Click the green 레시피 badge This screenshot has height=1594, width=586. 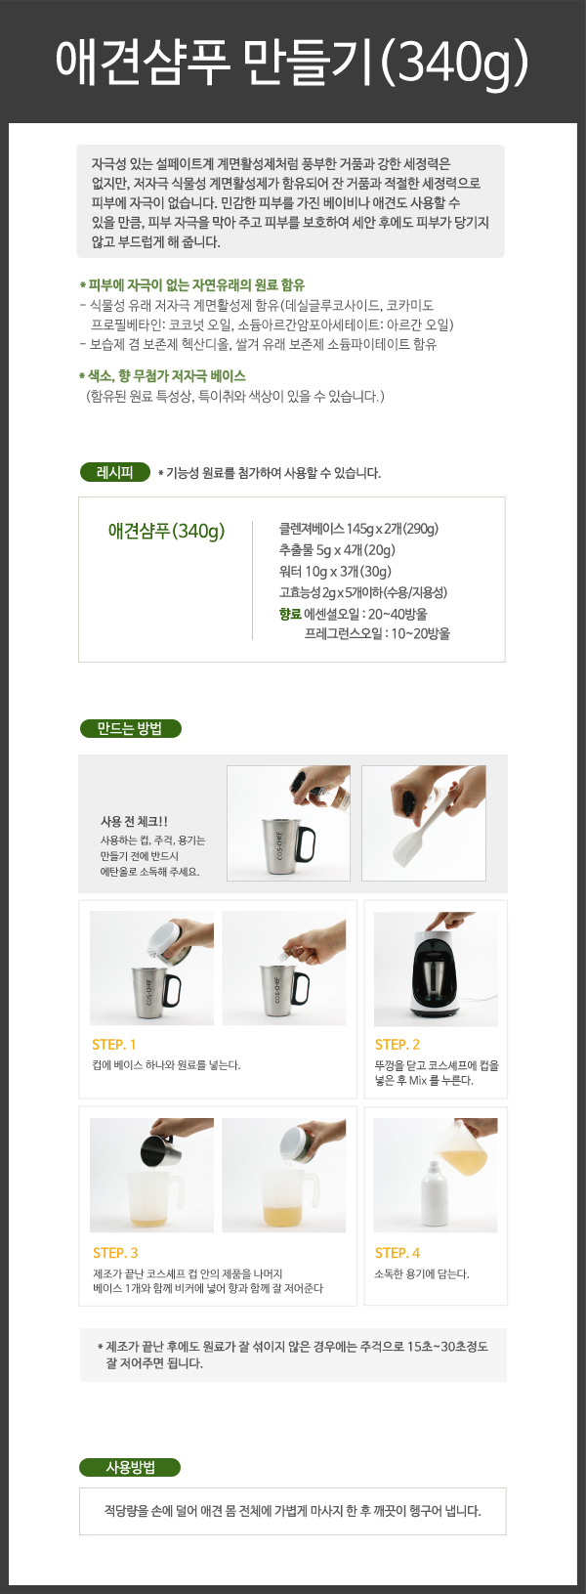(x=115, y=472)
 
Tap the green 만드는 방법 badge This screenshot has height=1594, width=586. (x=130, y=728)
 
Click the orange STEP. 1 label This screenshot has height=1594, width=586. (x=114, y=1045)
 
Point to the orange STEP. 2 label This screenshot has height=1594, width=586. (x=398, y=1045)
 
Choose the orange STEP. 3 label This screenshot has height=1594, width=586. (x=115, y=1253)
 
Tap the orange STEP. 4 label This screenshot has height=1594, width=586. (x=398, y=1253)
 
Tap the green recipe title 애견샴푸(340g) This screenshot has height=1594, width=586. (x=166, y=531)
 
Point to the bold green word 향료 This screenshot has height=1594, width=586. (x=289, y=614)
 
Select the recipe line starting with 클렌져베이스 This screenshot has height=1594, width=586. (x=358, y=529)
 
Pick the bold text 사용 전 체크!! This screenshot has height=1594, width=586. (x=135, y=821)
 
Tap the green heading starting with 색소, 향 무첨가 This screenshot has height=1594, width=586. (x=163, y=375)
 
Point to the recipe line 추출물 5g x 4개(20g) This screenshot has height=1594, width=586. (x=337, y=550)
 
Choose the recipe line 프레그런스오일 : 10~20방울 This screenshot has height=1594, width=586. (x=377, y=633)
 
